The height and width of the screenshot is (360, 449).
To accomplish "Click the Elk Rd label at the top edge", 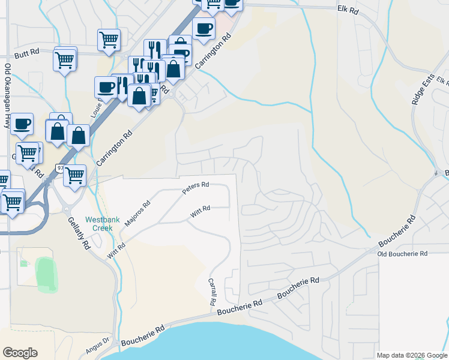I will pos(348,10).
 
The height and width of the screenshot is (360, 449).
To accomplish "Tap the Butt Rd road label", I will pos(26,53).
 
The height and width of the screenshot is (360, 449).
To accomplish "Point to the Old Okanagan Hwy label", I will pos(8,96).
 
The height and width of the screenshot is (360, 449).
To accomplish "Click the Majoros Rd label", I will pos(137,214).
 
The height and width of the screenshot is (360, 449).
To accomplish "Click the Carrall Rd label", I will pos(211,292).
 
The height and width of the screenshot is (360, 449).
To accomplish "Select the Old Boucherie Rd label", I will pos(402,254).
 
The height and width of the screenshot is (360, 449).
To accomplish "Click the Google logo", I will pos(20,353).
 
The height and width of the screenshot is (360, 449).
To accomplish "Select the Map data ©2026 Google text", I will pos(412,355).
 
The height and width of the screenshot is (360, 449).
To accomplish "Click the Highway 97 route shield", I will pos(60,168).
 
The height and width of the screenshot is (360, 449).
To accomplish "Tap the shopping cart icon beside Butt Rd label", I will pos(65,59).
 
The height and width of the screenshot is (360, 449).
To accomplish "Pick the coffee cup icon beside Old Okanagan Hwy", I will pos(22,124).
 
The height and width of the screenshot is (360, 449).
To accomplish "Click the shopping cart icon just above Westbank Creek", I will pos(74,175).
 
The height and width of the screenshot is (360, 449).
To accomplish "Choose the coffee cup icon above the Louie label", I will pos(106,87).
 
